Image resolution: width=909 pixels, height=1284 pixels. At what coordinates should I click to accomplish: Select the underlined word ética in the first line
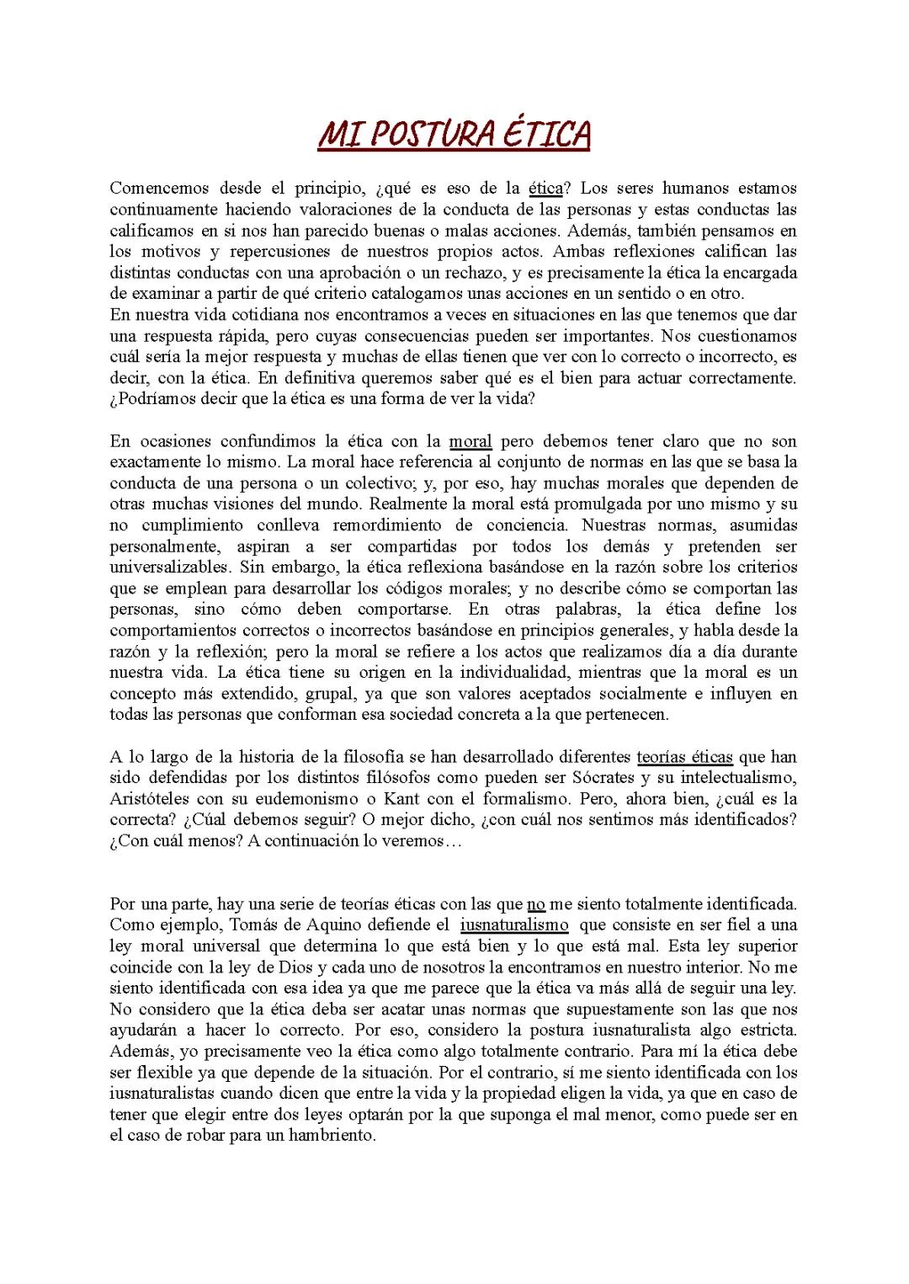click(545, 189)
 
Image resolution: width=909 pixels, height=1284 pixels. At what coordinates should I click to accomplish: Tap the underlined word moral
click(470, 441)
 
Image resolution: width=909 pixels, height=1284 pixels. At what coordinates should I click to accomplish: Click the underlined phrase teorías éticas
click(684, 757)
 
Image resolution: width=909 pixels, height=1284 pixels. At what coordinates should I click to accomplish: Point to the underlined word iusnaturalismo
click(514, 925)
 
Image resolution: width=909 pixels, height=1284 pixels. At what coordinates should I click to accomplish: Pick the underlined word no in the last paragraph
click(536, 904)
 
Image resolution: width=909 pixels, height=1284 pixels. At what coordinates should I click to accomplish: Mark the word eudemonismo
click(306, 799)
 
